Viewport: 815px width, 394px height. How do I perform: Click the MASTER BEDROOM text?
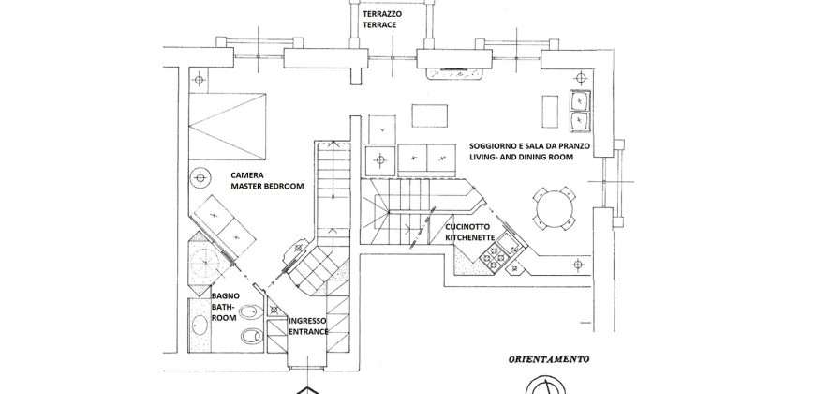pyautogui.click(x=268, y=187)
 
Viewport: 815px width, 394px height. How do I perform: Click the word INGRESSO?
pyautogui.click(x=307, y=321)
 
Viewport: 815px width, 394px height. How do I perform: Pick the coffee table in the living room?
pyautogui.click(x=430, y=114)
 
